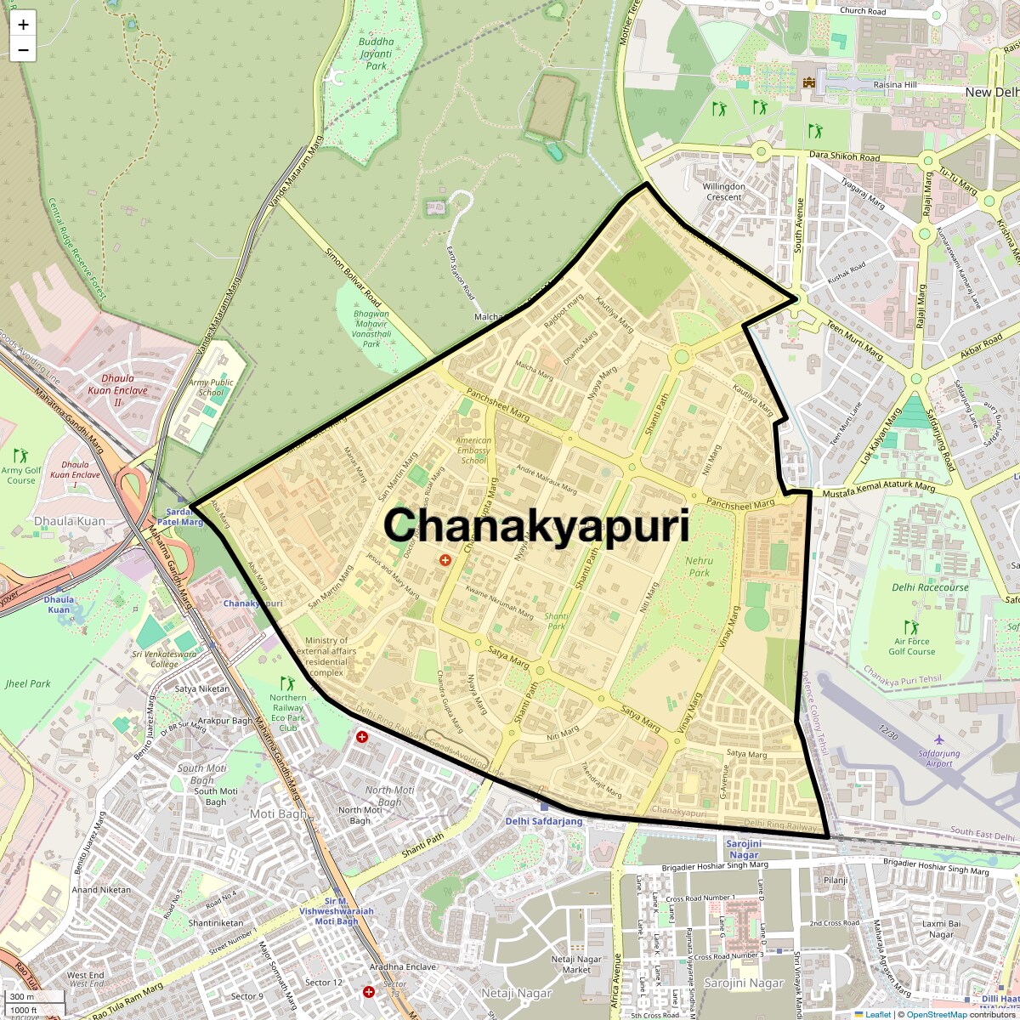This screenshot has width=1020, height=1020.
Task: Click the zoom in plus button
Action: (x=23, y=24)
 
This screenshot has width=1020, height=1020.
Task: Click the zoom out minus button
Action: (x=23, y=49)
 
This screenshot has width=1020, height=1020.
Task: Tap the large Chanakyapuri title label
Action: (x=536, y=524)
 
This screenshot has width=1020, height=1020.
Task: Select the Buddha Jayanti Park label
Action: (x=376, y=54)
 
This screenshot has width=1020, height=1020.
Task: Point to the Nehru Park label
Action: (x=699, y=566)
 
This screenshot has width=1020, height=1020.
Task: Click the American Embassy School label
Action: (x=473, y=450)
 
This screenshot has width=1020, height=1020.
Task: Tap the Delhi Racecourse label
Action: (x=930, y=587)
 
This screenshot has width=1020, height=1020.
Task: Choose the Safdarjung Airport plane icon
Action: (x=938, y=739)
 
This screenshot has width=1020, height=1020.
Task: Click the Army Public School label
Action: (x=211, y=388)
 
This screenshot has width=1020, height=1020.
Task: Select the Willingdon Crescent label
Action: (x=723, y=191)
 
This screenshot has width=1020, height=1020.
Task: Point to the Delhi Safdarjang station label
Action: (x=544, y=821)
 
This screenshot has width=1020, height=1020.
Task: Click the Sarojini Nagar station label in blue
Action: (x=744, y=848)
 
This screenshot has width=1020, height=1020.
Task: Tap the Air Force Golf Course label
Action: (x=912, y=647)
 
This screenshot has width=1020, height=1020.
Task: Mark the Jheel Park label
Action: (x=28, y=683)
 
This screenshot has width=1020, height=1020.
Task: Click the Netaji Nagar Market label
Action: (x=576, y=964)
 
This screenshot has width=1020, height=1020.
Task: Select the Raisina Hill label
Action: (x=898, y=85)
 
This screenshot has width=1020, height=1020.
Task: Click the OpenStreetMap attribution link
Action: (x=936, y=1014)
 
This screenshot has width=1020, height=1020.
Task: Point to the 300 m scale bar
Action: (x=24, y=997)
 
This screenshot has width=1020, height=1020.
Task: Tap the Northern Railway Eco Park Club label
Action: (x=288, y=712)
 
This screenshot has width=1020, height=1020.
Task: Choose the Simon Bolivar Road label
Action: (x=353, y=277)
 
